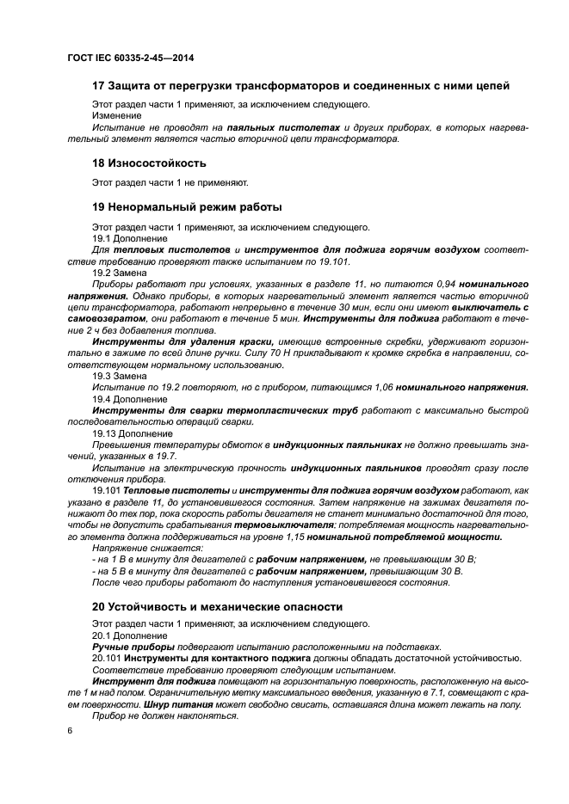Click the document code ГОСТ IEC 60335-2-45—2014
(130, 58)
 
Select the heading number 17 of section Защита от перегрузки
(99, 86)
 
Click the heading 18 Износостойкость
(149, 163)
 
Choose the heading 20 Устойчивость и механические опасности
(217, 606)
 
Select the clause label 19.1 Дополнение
(132, 238)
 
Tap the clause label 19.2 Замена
(120, 272)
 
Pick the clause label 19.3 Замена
(120, 376)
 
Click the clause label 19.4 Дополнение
(132, 399)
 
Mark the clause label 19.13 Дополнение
(134, 433)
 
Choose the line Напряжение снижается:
(147, 547)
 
